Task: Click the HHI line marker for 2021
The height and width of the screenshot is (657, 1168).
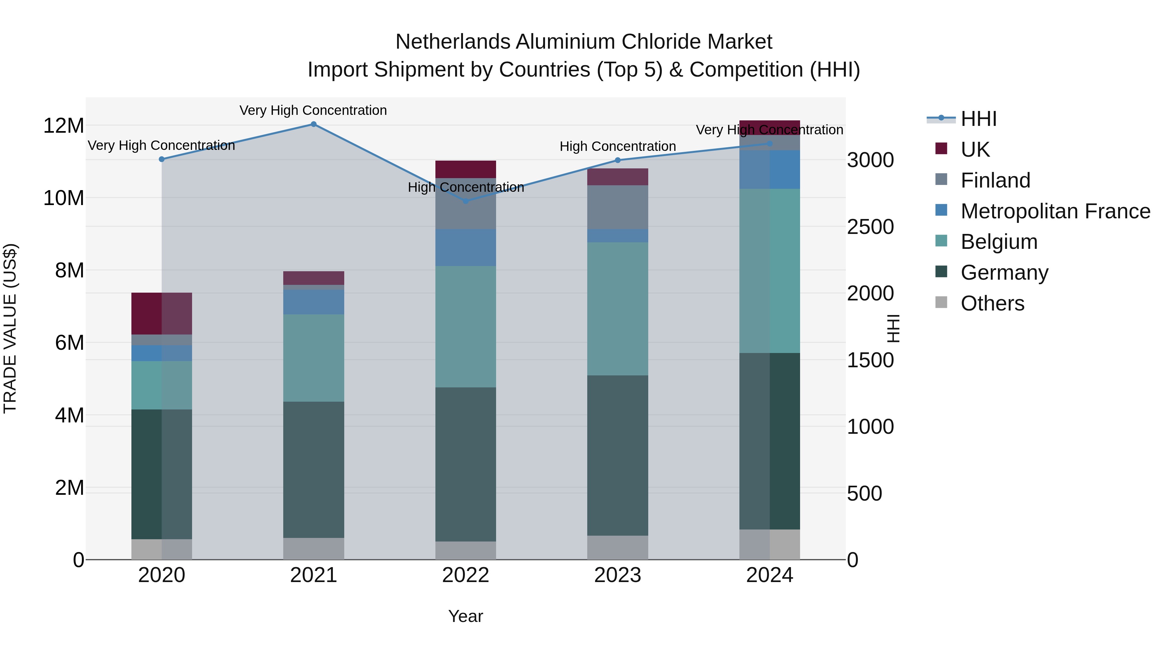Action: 313,124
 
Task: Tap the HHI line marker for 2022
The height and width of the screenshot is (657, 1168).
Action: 466,201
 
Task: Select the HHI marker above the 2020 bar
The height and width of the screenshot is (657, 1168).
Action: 162,159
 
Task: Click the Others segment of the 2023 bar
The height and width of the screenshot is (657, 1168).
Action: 617,547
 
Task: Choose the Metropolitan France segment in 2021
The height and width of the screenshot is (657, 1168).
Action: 313,302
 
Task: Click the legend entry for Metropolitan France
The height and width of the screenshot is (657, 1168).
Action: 1055,211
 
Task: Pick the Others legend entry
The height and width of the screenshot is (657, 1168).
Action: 992,303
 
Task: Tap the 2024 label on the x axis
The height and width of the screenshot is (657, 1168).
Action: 770,575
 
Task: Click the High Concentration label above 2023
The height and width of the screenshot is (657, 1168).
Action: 617,146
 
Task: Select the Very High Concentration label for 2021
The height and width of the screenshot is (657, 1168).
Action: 313,110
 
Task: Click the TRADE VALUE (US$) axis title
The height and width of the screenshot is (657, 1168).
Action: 10,328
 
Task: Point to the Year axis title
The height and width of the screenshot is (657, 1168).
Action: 466,616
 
